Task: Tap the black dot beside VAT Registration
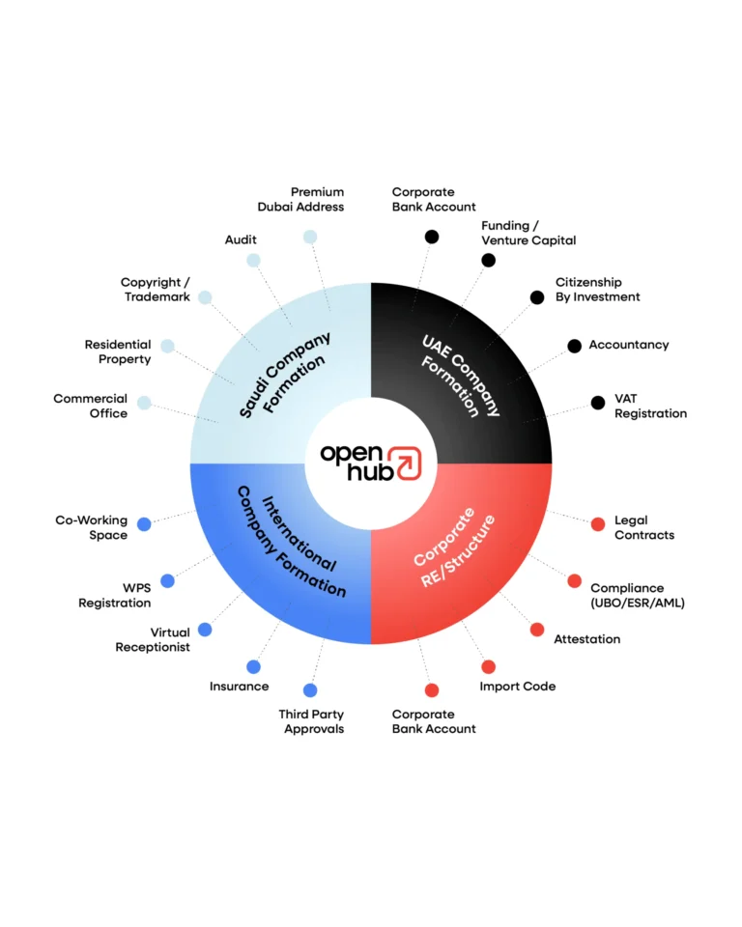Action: (x=598, y=403)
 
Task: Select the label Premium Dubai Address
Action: (x=300, y=199)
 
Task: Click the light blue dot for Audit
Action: (x=253, y=260)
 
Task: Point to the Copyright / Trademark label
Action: (x=156, y=290)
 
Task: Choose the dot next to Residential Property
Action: (x=167, y=346)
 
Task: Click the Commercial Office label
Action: (x=90, y=406)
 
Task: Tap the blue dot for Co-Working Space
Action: (x=144, y=524)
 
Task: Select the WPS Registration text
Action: (x=115, y=596)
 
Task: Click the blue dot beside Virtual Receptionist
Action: (x=205, y=630)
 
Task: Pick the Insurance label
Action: (x=239, y=687)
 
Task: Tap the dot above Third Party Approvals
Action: (x=310, y=690)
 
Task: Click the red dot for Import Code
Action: (x=489, y=666)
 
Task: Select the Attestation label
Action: (x=586, y=639)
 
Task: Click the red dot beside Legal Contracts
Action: (x=598, y=524)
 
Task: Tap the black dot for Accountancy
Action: (x=574, y=346)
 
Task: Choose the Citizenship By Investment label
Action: (x=597, y=290)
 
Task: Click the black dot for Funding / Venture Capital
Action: (x=489, y=260)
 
